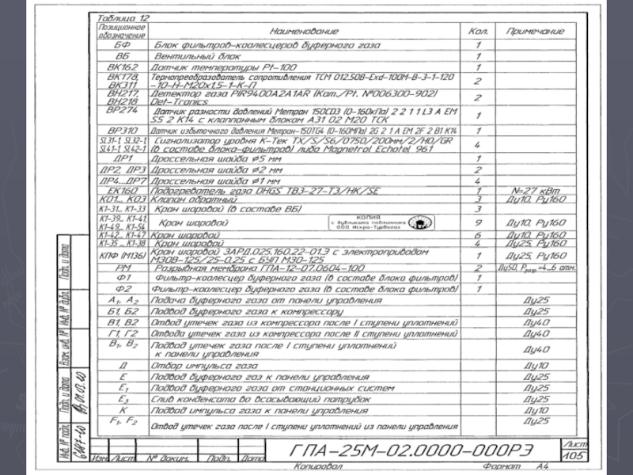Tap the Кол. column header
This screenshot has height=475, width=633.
click(478, 32)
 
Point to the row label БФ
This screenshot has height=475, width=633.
click(122, 44)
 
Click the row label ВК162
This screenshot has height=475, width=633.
click(122, 68)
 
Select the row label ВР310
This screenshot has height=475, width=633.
click(122, 130)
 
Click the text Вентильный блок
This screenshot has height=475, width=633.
click(196, 56)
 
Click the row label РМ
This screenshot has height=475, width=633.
click(122, 268)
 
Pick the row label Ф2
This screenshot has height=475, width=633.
click(122, 290)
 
